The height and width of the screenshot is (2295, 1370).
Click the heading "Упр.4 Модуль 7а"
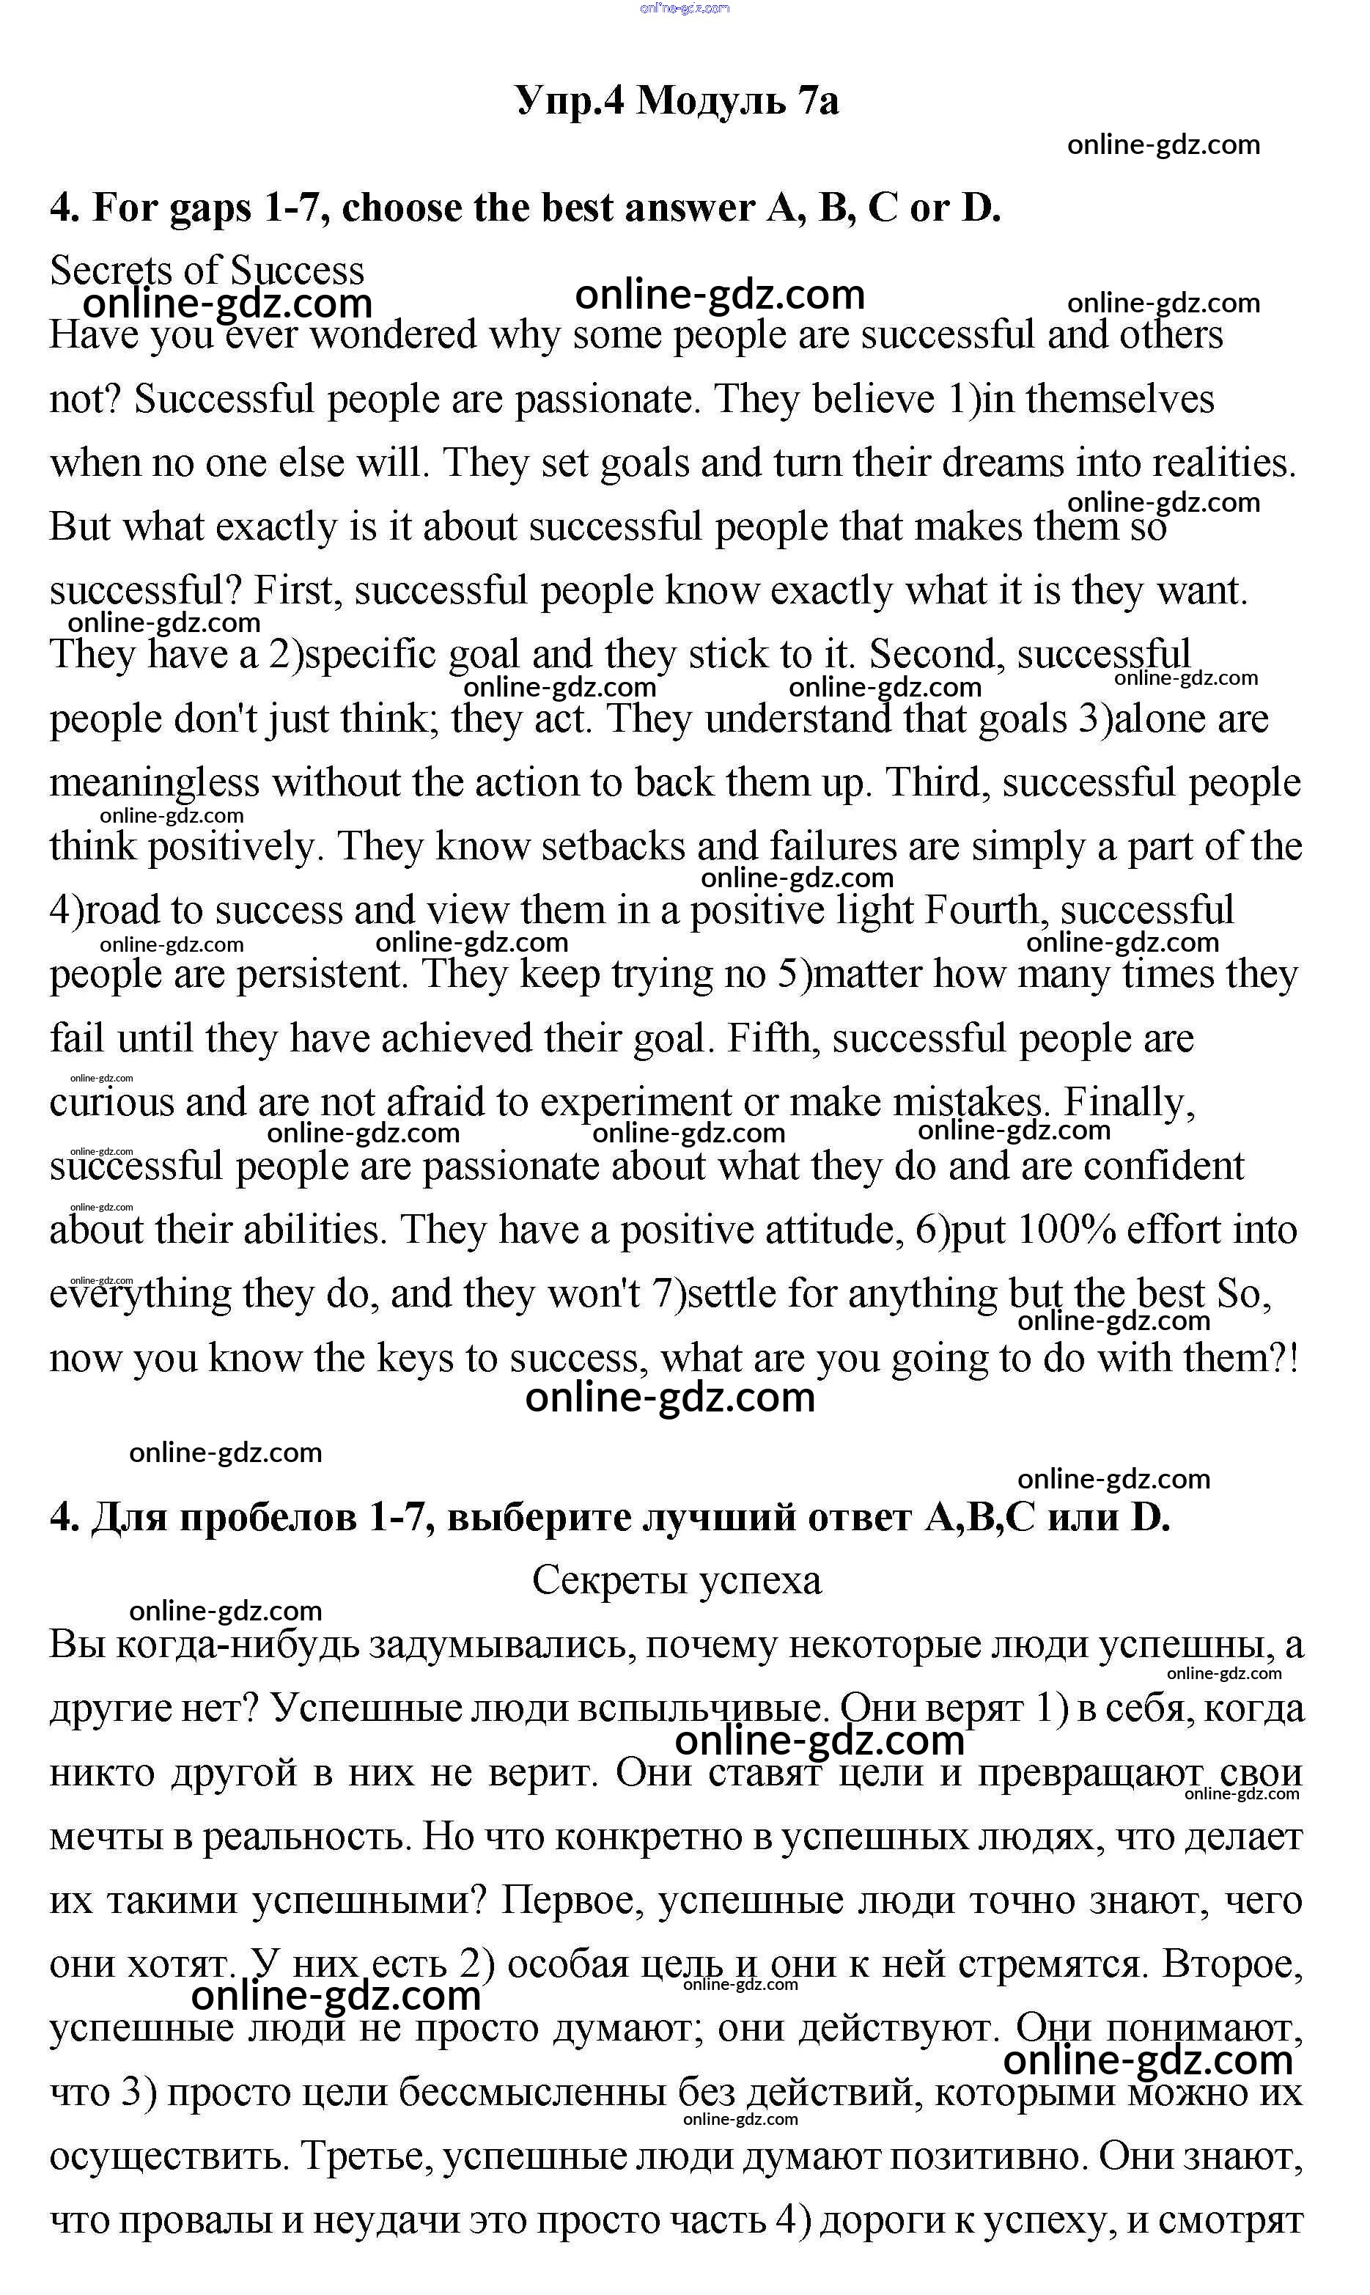(677, 100)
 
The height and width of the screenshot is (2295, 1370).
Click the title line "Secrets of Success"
(207, 271)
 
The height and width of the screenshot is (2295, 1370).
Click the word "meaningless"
(154, 783)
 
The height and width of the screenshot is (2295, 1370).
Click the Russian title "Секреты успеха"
(677, 1580)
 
